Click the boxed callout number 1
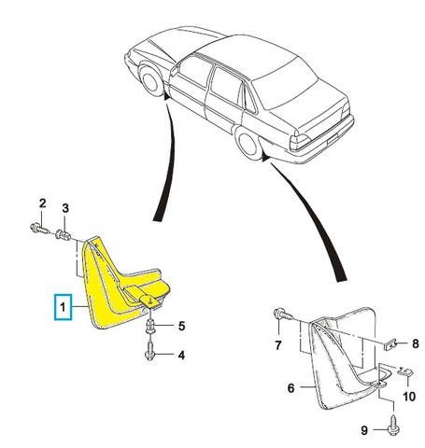click(x=63, y=307)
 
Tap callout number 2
click(x=43, y=203)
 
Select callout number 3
click(x=65, y=208)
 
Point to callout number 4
click(x=181, y=355)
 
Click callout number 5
click(x=181, y=326)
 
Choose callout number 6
click(x=290, y=388)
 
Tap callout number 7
click(x=278, y=344)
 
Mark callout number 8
click(x=416, y=343)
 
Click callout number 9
click(x=364, y=430)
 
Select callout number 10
click(x=409, y=397)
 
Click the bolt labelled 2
click(x=39, y=228)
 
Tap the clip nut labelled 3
click(x=63, y=235)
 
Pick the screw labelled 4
click(x=150, y=351)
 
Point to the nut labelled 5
click(x=150, y=328)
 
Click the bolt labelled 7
click(x=283, y=315)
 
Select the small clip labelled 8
click(x=390, y=344)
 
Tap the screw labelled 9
click(x=393, y=427)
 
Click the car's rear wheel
click(x=248, y=145)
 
